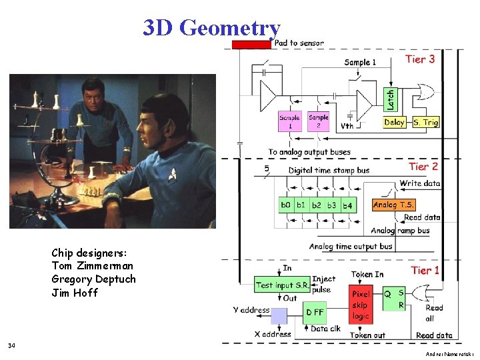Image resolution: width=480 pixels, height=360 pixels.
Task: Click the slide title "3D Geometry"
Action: [211, 28]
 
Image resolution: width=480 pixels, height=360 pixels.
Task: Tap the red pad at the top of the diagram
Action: [251, 44]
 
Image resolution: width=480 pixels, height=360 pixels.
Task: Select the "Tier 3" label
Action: [420, 59]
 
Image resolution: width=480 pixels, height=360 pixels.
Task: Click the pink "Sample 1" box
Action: [290, 121]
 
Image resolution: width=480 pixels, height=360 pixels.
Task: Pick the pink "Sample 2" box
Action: [319, 121]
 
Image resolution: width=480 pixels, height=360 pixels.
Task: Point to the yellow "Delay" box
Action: [395, 122]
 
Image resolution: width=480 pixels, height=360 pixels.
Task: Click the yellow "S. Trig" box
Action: [425, 122]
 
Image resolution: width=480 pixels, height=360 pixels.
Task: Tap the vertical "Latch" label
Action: [390, 100]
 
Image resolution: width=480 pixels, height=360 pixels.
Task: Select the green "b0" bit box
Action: [286, 205]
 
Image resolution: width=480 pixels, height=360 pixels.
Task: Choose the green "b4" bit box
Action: [347, 205]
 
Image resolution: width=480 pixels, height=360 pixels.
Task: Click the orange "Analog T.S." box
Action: [393, 205]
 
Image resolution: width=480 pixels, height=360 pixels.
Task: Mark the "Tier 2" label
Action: [423, 166]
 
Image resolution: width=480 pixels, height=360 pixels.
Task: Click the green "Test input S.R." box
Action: [282, 285]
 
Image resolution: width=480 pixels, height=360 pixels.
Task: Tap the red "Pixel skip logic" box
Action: [360, 304]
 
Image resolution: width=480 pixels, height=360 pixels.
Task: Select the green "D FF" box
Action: [315, 312]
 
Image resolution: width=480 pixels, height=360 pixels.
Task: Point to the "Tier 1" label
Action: [425, 270]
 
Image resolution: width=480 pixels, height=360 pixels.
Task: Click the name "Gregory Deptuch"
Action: [93, 279]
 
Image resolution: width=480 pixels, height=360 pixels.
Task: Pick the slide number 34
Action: [11, 345]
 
